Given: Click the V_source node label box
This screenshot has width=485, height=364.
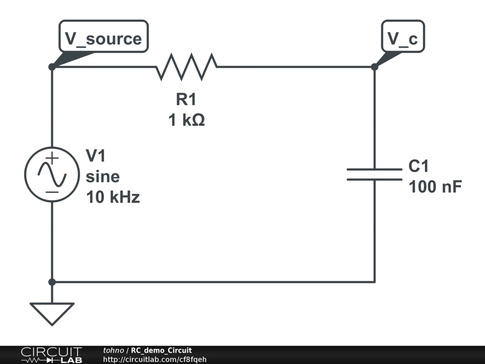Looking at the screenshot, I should click(103, 38).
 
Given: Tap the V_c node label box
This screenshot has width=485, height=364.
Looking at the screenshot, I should click(403, 38).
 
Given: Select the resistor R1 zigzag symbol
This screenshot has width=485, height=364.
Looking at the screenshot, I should click(186, 67).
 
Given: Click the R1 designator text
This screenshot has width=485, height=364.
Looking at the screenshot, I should click(186, 100).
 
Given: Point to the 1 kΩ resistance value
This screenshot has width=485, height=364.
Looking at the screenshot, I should click(186, 120).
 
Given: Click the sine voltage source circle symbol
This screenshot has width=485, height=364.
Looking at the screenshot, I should click(52, 174).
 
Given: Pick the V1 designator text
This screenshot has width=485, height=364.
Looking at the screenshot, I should click(96, 155).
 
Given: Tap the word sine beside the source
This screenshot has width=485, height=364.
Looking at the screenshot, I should click(103, 177).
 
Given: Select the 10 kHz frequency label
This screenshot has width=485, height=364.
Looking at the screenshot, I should click(113, 197).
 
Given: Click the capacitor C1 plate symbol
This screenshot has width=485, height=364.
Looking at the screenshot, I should click(374, 174).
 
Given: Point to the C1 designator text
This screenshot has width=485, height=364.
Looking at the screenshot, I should click(418, 166).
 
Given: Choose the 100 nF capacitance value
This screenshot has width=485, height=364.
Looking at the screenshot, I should click(435, 187).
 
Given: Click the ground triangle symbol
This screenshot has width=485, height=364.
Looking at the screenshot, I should click(52, 312).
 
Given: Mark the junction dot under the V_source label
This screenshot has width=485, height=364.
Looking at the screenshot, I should click(52, 67).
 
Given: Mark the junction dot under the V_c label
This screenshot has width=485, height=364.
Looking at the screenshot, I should click(374, 67).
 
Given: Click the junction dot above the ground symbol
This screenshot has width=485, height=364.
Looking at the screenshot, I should click(52, 282).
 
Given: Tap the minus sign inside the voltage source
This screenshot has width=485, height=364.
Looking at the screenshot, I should click(52, 191).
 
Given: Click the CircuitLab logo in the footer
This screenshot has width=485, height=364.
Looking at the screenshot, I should click(51, 355).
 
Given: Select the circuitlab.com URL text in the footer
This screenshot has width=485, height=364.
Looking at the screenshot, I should click(154, 359).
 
